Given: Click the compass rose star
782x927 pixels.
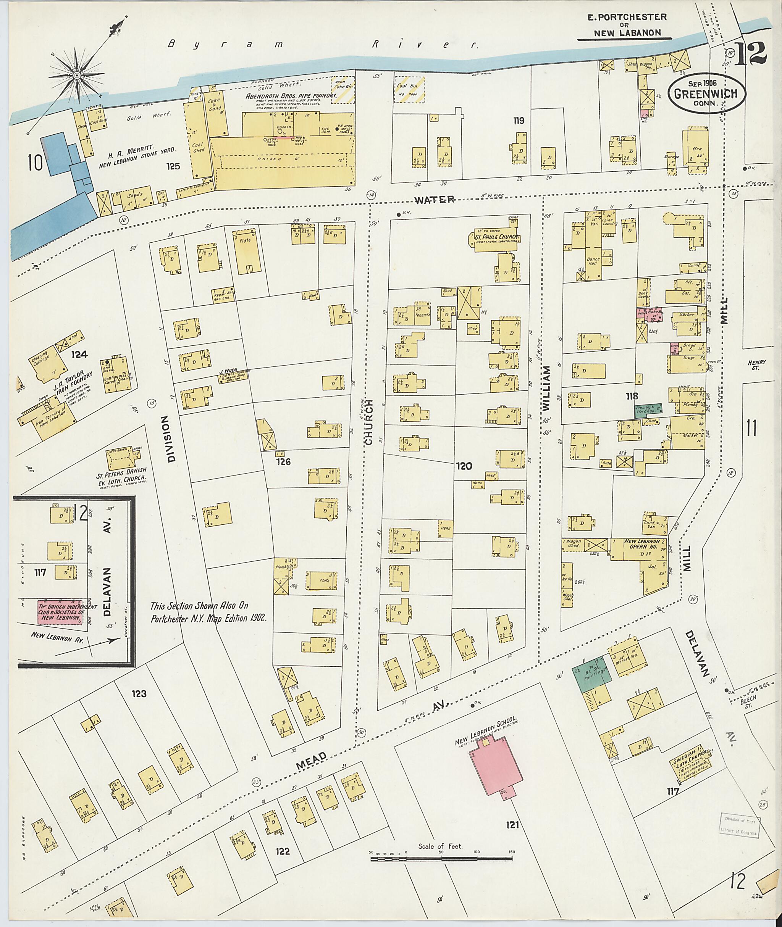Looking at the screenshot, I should (77, 76).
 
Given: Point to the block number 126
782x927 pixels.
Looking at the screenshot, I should (283, 462).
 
